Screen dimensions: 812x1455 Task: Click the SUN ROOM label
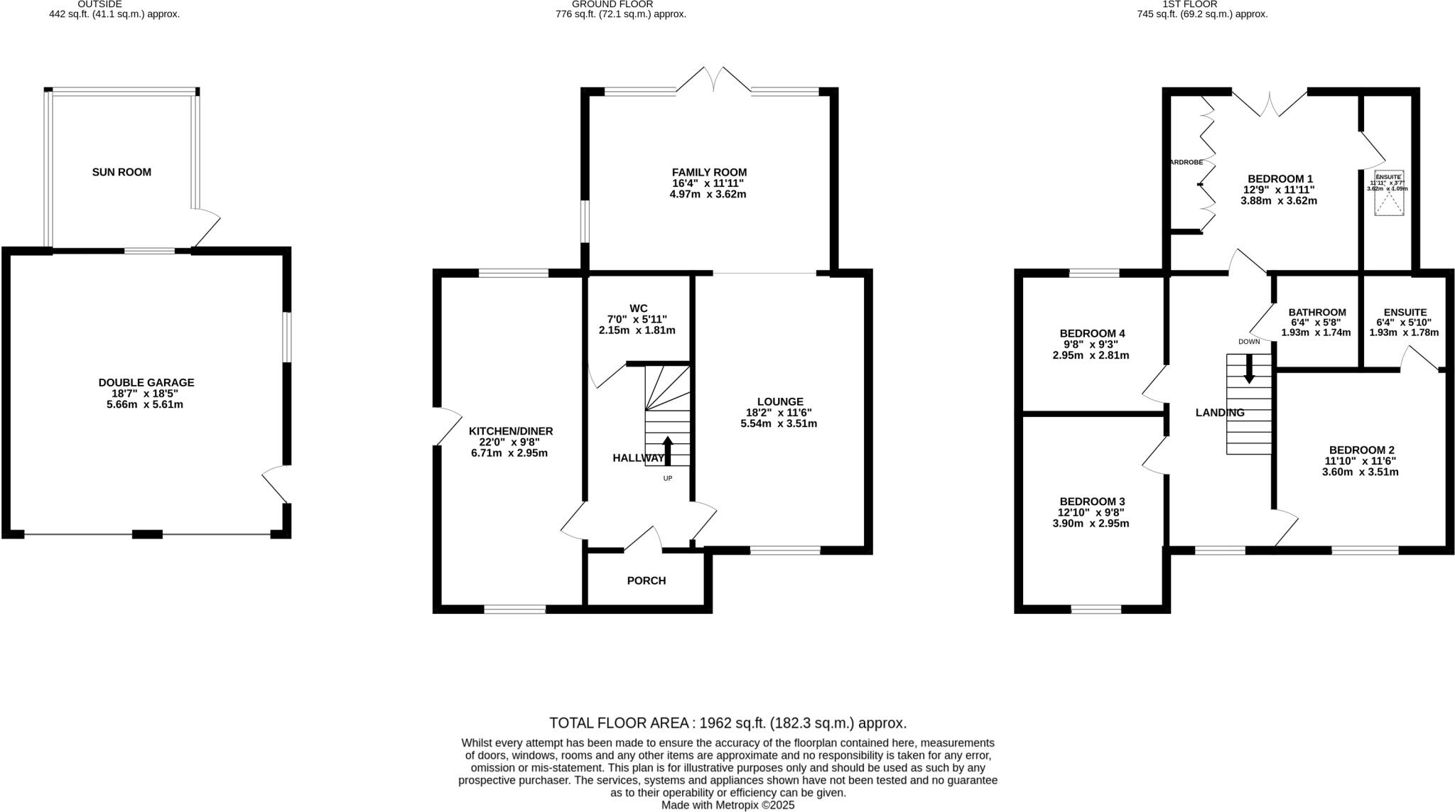click(x=121, y=172)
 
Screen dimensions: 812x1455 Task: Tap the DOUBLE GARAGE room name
click(x=146, y=382)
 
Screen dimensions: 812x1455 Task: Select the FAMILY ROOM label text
click(x=709, y=172)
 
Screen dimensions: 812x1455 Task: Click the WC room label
click(x=638, y=308)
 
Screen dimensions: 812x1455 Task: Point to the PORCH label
click(x=646, y=580)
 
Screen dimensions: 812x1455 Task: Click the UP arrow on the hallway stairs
click(x=667, y=450)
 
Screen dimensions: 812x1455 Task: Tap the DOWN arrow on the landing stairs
click(x=1249, y=368)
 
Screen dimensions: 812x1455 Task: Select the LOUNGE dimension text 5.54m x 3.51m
click(x=779, y=423)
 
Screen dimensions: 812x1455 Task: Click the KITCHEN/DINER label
click(x=510, y=431)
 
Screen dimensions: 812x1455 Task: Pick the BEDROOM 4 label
click(x=1091, y=333)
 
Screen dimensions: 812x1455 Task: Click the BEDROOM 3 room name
click(x=1091, y=501)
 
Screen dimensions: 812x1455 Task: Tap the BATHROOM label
click(x=1317, y=312)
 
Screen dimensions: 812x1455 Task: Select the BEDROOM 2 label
click(x=1361, y=450)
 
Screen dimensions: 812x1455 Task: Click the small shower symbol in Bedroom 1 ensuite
click(x=1390, y=205)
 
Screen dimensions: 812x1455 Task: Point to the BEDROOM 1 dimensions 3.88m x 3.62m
click(x=1279, y=200)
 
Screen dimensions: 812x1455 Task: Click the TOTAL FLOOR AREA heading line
click(x=727, y=723)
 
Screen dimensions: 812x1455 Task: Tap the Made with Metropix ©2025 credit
click(x=727, y=805)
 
